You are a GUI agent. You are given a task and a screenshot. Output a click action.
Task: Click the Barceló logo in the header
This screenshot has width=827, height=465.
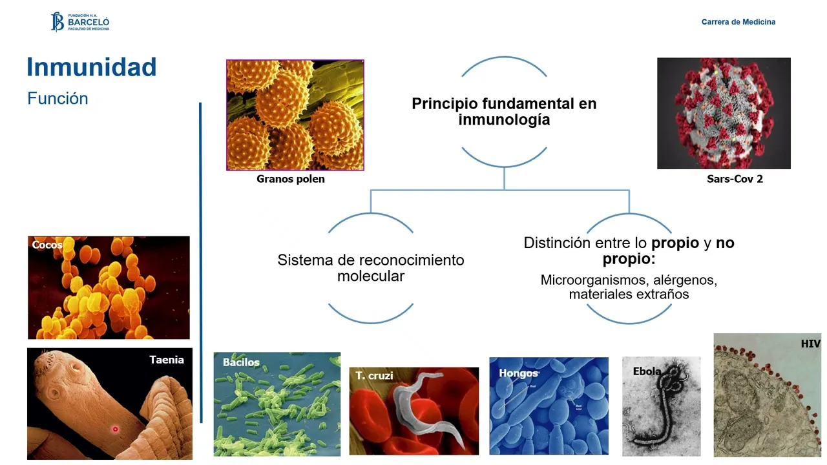click(x=80, y=22)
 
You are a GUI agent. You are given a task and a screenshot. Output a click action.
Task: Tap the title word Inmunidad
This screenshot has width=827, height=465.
click(x=92, y=67)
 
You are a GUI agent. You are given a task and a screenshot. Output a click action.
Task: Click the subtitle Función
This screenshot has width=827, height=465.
click(x=58, y=99)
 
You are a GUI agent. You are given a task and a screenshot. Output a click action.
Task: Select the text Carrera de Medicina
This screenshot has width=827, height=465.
click(x=738, y=22)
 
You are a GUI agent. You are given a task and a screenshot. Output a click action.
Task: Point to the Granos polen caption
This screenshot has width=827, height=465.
click(x=291, y=179)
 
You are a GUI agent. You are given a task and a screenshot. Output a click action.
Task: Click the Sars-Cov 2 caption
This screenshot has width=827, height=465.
click(x=735, y=179)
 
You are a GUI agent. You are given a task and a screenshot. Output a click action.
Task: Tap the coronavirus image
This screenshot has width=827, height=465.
click(x=724, y=113)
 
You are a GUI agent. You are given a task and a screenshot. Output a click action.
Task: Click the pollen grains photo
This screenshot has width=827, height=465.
click(x=295, y=115)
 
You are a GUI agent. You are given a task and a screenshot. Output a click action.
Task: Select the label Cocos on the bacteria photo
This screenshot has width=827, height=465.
click(x=47, y=245)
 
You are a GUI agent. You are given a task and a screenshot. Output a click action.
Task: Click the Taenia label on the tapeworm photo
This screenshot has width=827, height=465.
click(x=167, y=360)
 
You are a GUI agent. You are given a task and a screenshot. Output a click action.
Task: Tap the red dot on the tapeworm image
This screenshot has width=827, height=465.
click(x=116, y=429)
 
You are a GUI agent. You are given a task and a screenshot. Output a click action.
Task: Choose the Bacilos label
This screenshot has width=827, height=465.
click(x=241, y=362)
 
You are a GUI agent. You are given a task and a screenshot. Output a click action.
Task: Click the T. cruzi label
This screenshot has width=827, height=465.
click(x=374, y=375)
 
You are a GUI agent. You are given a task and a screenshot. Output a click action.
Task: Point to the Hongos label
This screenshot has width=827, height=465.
click(x=518, y=373)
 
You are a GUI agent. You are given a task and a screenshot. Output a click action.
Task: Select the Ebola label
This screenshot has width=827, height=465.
click(x=647, y=371)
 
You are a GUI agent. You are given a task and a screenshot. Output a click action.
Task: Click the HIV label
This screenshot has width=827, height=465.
click(x=810, y=344)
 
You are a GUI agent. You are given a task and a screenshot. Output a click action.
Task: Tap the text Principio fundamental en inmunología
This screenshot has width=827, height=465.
click(x=504, y=111)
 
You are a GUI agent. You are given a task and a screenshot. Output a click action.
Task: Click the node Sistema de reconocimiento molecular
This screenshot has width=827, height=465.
click(x=371, y=268)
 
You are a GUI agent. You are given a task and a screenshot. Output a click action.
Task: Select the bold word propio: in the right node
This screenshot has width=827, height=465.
click(x=629, y=259)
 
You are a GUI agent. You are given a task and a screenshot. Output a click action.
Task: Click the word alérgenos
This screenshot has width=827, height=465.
click(x=685, y=280)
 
